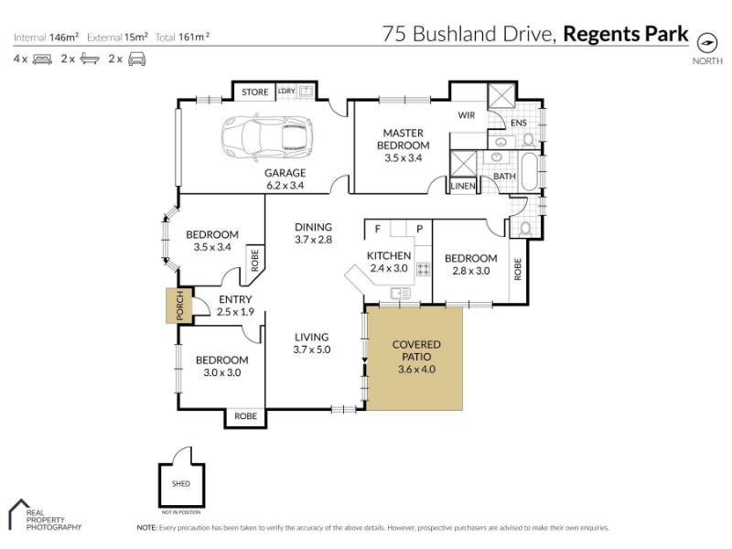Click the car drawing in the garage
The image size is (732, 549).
coord(267,138)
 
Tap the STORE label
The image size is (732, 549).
coord(255,92)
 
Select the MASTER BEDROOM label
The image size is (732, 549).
coord(404,139)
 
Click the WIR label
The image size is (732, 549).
coord(467,115)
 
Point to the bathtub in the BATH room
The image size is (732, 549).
coord(529,171)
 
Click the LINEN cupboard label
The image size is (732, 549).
coord(463,186)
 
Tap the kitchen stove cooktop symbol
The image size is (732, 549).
coord(423,269)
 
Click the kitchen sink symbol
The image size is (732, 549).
coord(400,293)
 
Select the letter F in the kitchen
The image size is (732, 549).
coord(378,229)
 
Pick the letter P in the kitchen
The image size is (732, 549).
coord(419,229)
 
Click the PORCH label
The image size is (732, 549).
coord(180,306)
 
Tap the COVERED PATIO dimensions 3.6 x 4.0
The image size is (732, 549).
coord(416,370)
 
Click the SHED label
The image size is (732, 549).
coord(181,484)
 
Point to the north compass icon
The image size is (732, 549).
coord(706,43)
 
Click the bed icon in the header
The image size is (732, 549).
coord(42,59)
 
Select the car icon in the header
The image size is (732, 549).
coord(136,59)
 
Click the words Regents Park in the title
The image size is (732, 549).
coord(626,34)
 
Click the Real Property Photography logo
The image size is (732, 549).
coord(45,515)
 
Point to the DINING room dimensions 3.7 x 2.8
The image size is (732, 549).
coord(313,240)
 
